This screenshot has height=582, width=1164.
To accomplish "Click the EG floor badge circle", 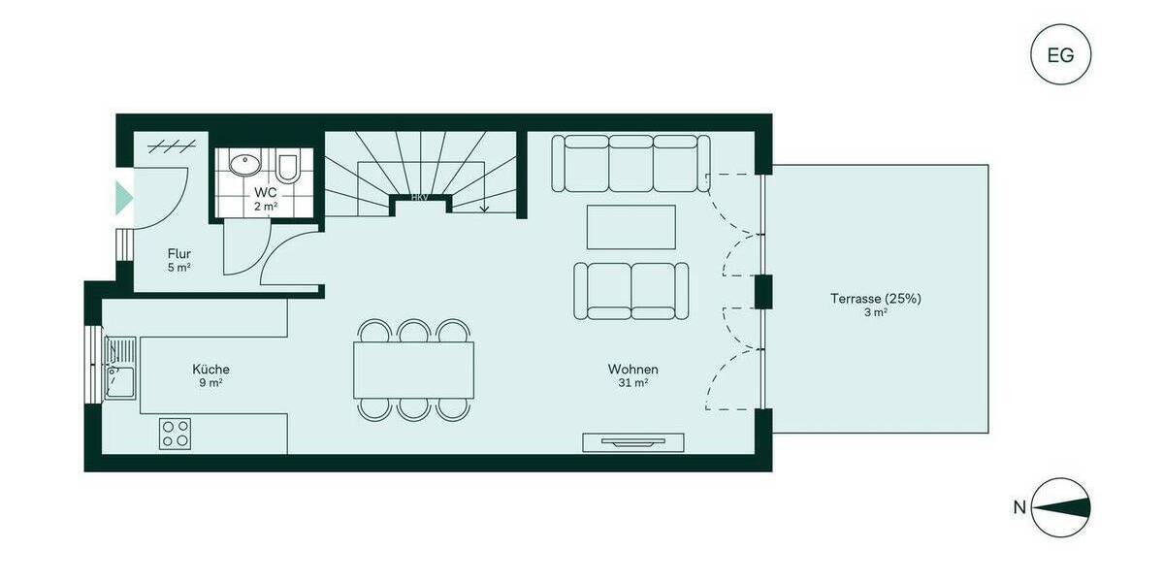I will click(x=1060, y=54).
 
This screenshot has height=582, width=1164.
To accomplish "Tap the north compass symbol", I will click(x=1060, y=507).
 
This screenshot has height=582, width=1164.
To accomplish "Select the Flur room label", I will click(x=178, y=254).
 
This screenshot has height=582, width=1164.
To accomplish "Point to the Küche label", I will click(x=210, y=370).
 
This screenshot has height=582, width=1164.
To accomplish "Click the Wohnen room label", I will click(x=633, y=370).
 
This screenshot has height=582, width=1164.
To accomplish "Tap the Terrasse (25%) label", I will click(x=875, y=299).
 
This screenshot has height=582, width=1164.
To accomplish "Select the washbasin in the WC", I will click(x=242, y=164).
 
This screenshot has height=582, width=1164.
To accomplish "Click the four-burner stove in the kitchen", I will click(x=176, y=433).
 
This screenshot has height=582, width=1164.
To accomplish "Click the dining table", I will click(x=414, y=370).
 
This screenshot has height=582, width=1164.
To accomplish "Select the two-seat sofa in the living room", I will click(x=631, y=290).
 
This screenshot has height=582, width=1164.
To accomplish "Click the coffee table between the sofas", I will click(x=631, y=227).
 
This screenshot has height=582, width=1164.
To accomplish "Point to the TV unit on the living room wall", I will click(x=635, y=442).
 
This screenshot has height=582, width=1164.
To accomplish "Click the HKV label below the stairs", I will click(x=420, y=197).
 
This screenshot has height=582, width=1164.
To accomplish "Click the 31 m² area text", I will click(x=633, y=383).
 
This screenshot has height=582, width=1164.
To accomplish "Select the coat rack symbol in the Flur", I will click(x=166, y=147).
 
